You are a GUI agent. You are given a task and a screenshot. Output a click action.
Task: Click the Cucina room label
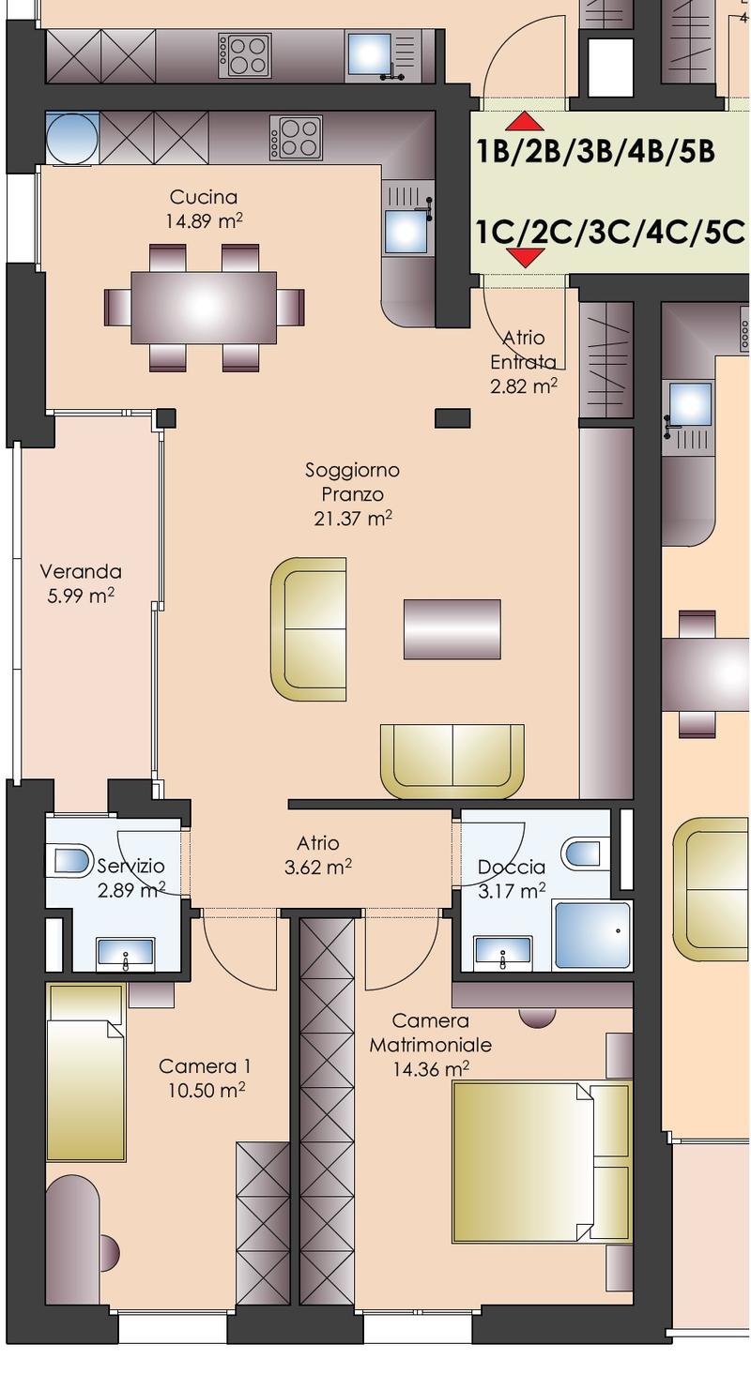[204, 197]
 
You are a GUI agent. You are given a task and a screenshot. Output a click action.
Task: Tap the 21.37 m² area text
[353, 519]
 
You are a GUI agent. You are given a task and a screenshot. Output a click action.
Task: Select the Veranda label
[81, 571]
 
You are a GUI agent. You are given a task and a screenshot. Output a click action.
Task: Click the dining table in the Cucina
[204, 307]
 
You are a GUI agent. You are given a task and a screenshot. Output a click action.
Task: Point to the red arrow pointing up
[525, 122]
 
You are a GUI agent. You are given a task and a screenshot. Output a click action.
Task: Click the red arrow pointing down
[525, 257]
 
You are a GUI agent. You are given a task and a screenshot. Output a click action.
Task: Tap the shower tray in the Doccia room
[592, 936]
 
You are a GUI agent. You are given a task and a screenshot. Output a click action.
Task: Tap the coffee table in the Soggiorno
[452, 629]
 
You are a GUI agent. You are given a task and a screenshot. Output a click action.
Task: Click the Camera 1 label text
[205, 1066]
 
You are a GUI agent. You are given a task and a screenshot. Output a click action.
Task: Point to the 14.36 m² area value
[431, 1070]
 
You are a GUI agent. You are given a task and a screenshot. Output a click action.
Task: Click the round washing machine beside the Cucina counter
[72, 138]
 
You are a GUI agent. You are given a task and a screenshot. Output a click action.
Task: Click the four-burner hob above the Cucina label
[296, 137]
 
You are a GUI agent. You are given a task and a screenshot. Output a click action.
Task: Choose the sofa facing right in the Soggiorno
[309, 629]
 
